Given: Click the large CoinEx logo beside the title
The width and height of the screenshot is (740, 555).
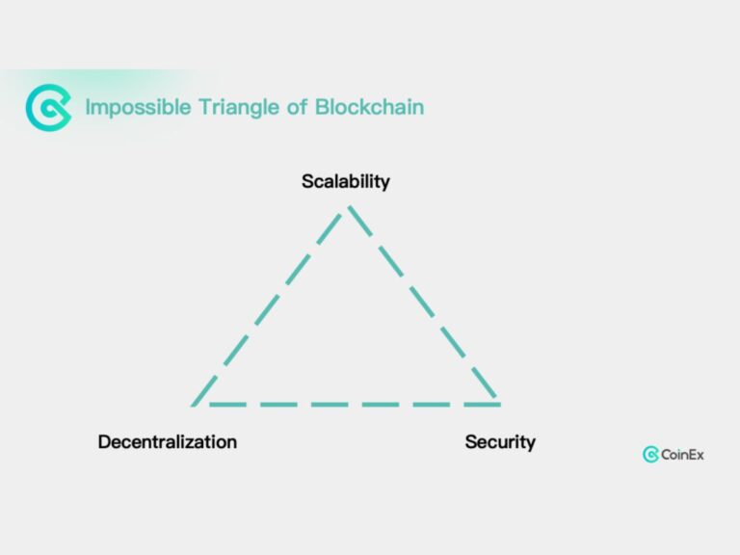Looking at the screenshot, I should click(x=48, y=107).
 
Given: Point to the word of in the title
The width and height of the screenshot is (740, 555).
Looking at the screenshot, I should click(x=294, y=107).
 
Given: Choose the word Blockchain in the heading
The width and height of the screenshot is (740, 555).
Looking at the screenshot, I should click(x=369, y=107).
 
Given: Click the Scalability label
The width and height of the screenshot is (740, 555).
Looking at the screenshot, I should click(x=345, y=181).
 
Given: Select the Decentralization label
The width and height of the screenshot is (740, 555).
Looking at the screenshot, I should click(x=167, y=442).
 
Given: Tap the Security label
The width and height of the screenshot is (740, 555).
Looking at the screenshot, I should click(x=500, y=442).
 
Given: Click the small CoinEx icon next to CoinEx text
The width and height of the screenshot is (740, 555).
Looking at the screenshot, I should click(x=650, y=455).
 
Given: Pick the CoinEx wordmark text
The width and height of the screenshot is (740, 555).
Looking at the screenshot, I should click(x=682, y=455).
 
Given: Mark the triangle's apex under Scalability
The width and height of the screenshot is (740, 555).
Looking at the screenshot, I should click(x=347, y=206).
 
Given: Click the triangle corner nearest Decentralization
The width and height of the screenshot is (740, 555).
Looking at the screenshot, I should click(x=195, y=403).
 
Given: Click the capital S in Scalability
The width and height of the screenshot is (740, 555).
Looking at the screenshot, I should click(x=307, y=181).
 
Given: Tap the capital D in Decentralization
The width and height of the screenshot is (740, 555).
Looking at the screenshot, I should click(x=104, y=442).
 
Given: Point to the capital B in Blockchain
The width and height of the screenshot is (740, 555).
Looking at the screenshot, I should click(x=322, y=107).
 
